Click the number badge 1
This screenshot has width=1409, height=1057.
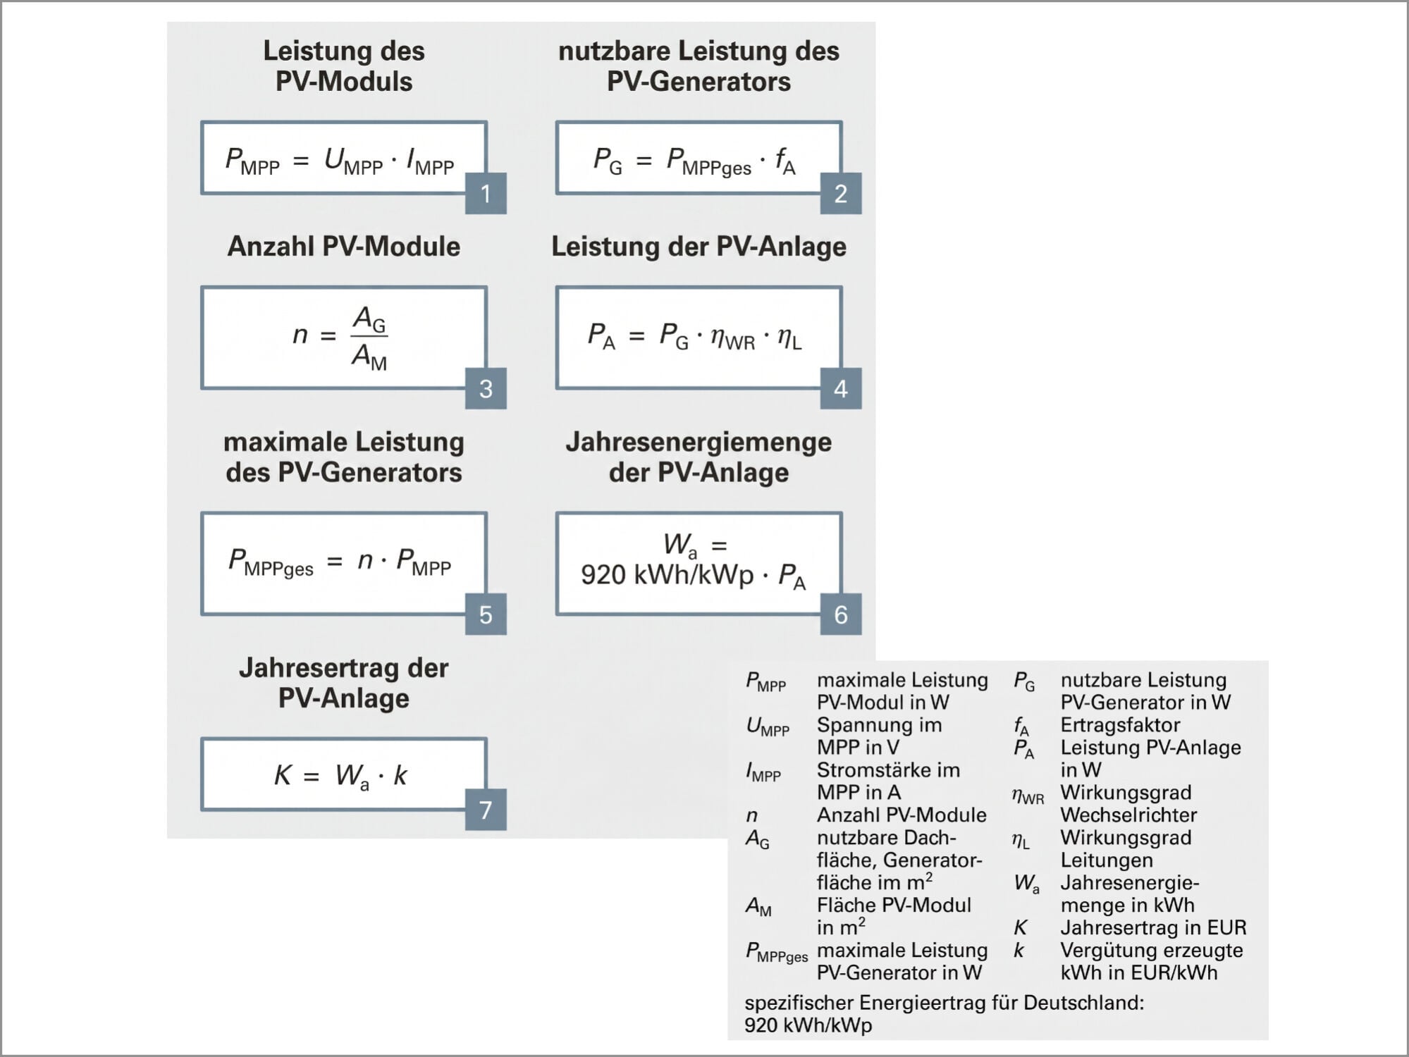486,193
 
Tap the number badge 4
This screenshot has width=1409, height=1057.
840,388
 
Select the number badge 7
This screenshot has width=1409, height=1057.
486,809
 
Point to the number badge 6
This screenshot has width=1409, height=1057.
840,614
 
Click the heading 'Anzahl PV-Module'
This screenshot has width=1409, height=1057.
344,247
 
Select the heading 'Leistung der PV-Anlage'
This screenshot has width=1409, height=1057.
699,247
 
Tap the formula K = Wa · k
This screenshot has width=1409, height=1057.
340,776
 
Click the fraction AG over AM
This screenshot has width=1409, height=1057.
369,337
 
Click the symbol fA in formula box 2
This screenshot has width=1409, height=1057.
785,161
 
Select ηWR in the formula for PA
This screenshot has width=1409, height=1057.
732,337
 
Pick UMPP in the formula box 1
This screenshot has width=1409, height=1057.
353,161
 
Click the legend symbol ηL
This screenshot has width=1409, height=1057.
1021,841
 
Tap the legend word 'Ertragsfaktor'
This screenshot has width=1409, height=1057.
1120,725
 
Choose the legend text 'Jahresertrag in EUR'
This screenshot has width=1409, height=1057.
1153,927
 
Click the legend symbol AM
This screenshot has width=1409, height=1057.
758,906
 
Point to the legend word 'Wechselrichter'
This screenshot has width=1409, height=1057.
1128,815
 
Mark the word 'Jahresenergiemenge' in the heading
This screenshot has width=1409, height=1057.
699,442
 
